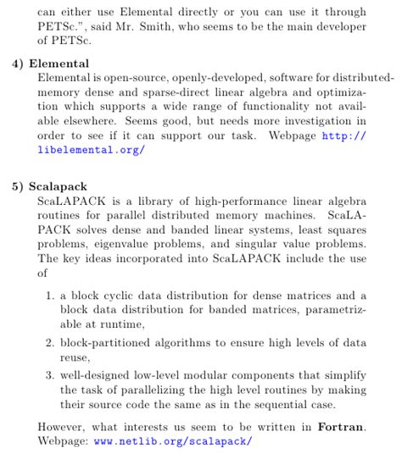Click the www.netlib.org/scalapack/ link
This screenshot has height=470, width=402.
(173, 441)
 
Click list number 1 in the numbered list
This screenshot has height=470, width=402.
(51, 296)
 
